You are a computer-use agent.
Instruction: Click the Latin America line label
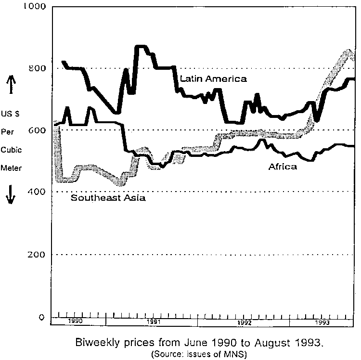(x=213, y=78)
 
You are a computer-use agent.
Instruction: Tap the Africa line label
(x=283, y=167)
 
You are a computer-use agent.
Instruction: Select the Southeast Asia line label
(x=108, y=197)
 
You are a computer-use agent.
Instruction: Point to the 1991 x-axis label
(x=154, y=321)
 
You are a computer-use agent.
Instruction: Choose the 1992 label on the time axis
(x=244, y=322)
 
